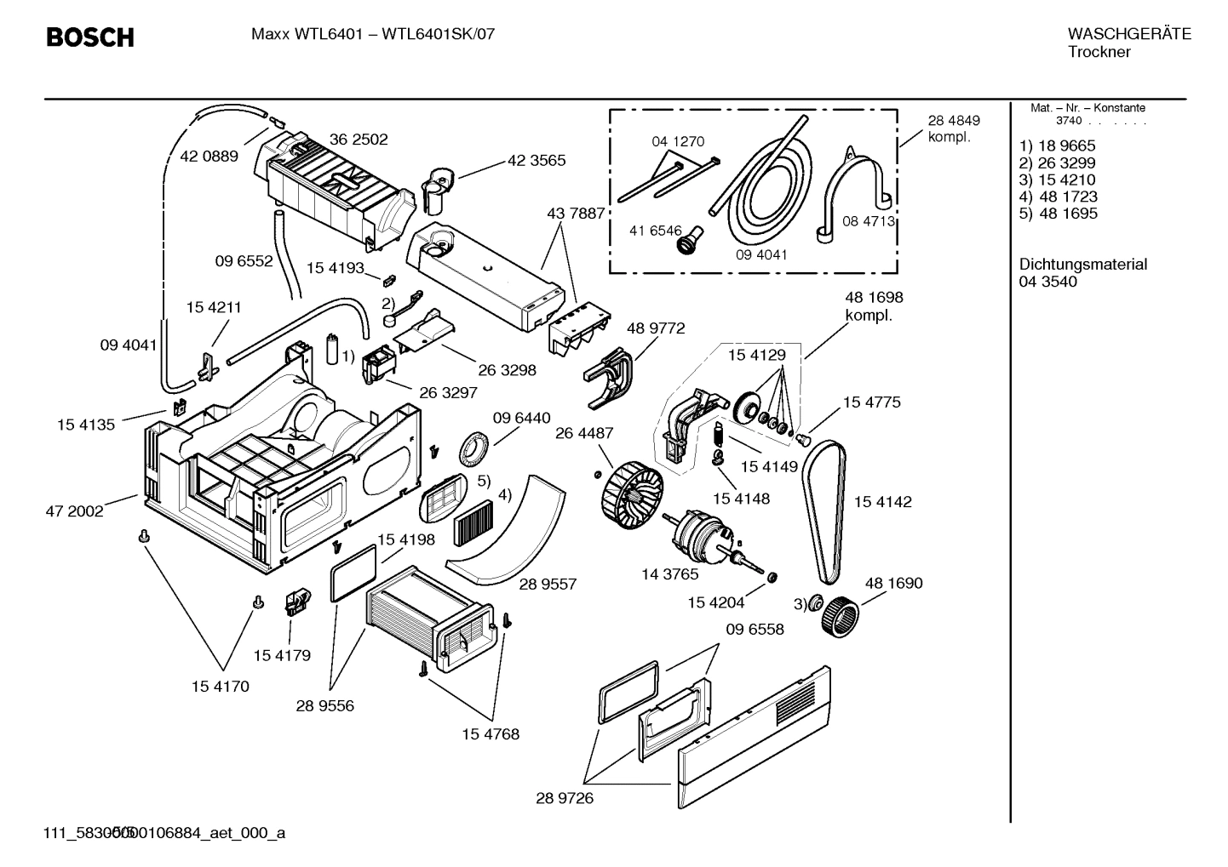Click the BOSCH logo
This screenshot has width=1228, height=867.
click(x=89, y=37)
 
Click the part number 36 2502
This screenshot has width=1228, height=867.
click(x=359, y=140)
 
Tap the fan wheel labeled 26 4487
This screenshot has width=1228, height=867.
click(x=632, y=490)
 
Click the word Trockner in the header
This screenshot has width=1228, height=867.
click(x=1099, y=52)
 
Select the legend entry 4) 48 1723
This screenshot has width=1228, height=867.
click(x=1058, y=197)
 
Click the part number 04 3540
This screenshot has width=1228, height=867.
click(x=1047, y=282)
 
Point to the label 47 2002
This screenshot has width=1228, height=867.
click(x=74, y=511)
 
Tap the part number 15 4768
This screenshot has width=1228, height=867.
click(x=491, y=733)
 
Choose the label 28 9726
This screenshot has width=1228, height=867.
click(x=565, y=798)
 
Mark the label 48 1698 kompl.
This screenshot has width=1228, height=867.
click(x=873, y=306)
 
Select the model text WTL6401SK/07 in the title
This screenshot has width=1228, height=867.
click(x=438, y=35)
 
